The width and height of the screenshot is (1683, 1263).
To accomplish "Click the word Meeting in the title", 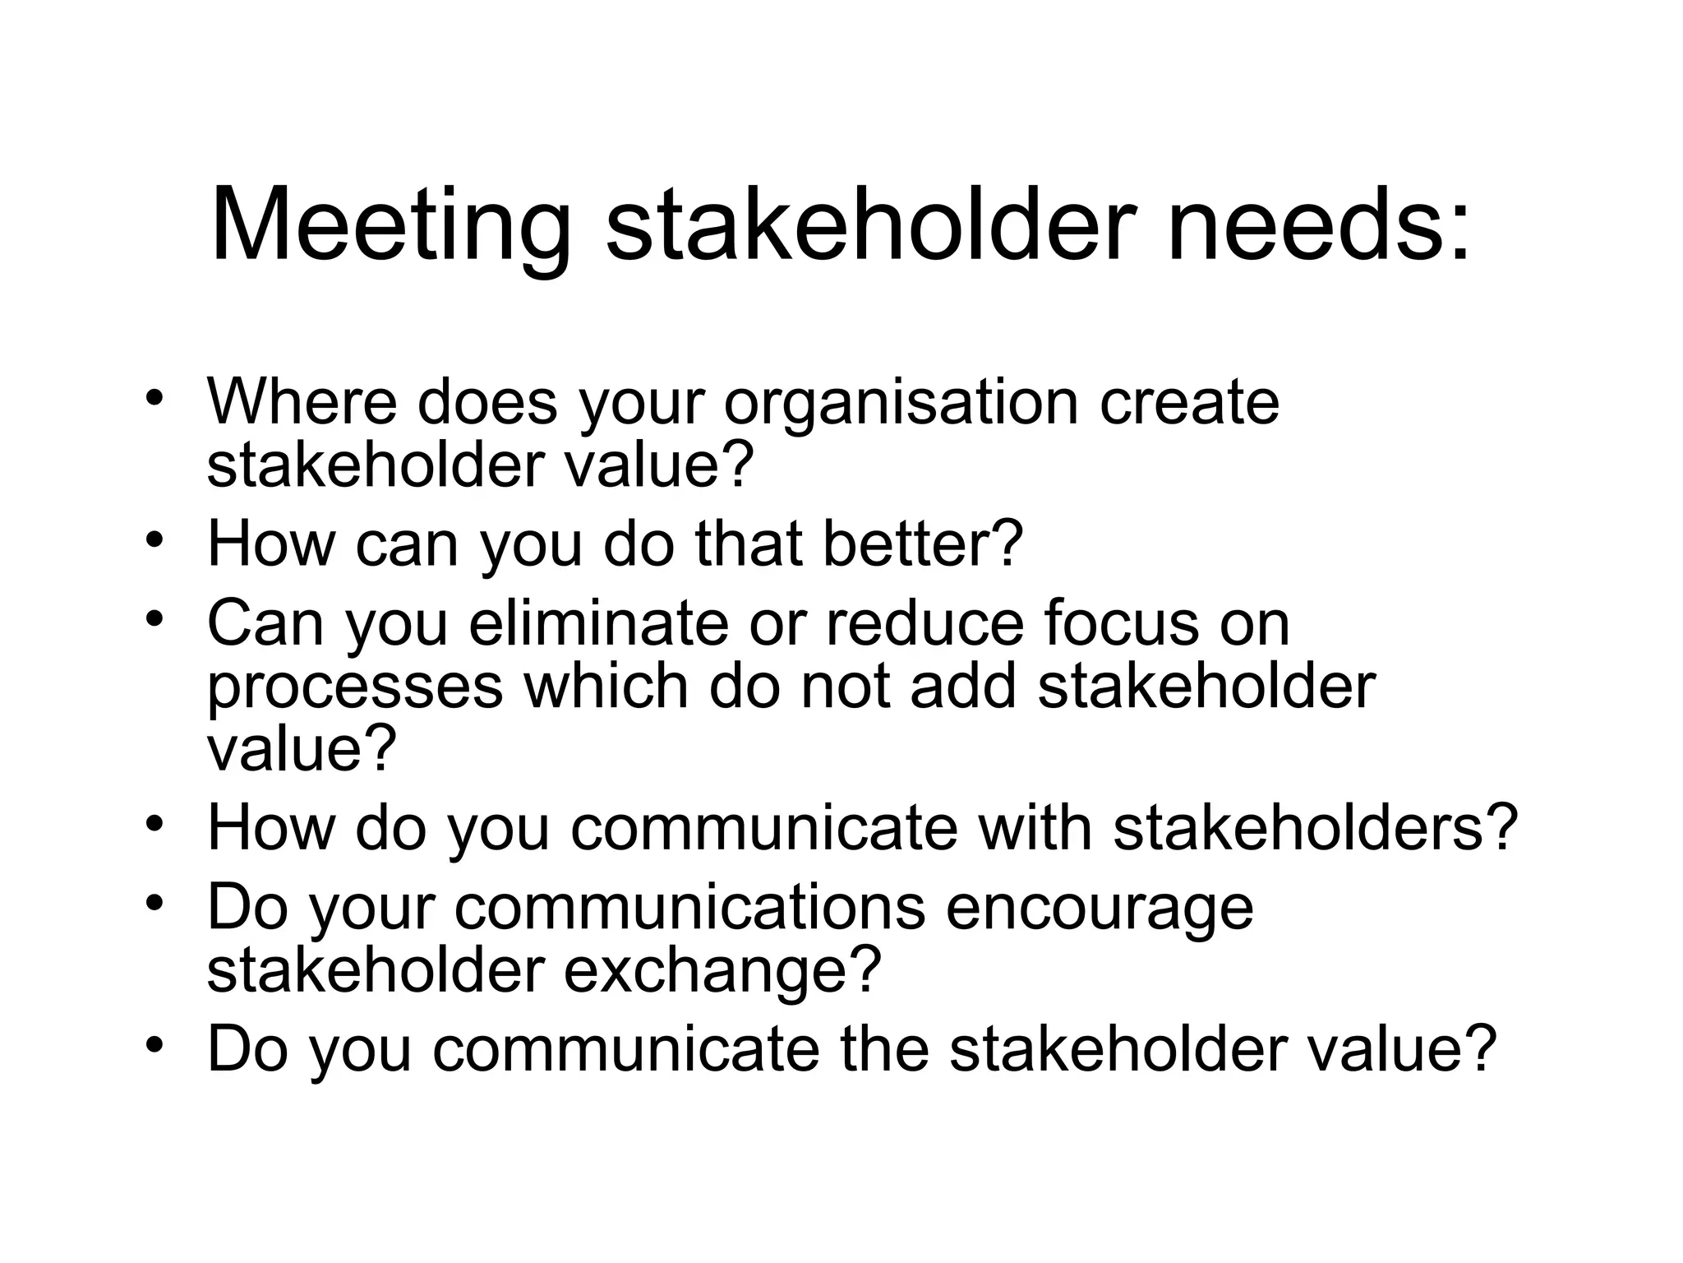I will pos(390,227).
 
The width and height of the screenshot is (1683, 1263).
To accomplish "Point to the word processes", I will pos(354,687).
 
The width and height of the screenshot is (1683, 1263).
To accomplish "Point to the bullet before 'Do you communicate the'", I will pos(154,1044).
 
